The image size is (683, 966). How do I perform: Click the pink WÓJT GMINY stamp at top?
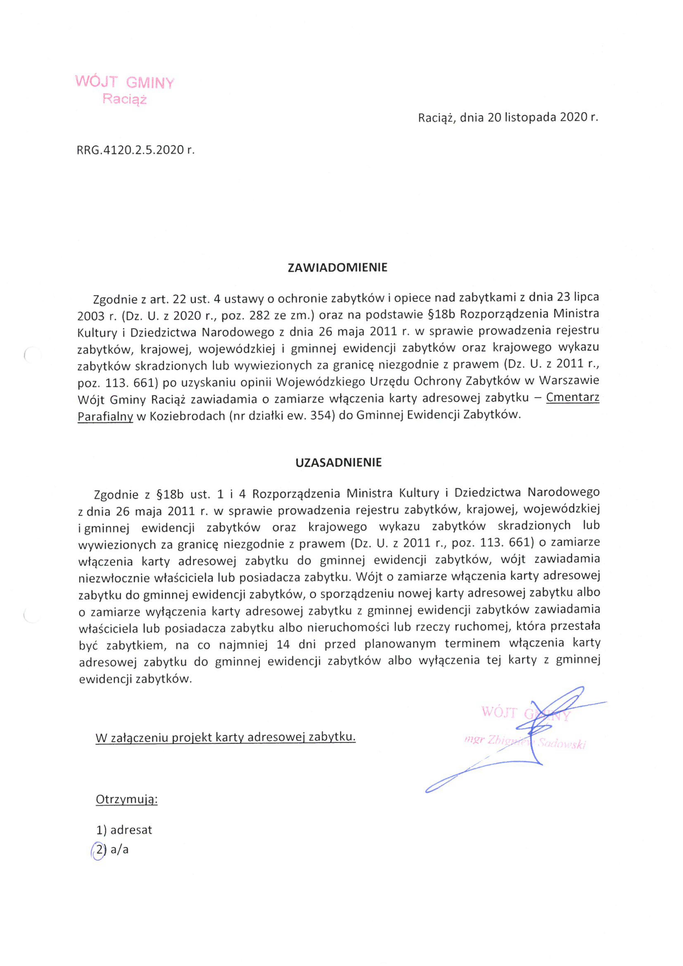125,82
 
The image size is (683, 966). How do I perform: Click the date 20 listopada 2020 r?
542,117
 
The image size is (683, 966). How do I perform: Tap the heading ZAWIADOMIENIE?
337,268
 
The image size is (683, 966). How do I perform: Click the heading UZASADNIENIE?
338,462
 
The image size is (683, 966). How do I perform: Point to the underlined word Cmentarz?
573,398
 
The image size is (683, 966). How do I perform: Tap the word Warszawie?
569,380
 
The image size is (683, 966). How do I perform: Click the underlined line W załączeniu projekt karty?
225,737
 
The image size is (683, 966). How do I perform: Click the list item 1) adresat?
124,830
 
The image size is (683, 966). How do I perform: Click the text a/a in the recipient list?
120,850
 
